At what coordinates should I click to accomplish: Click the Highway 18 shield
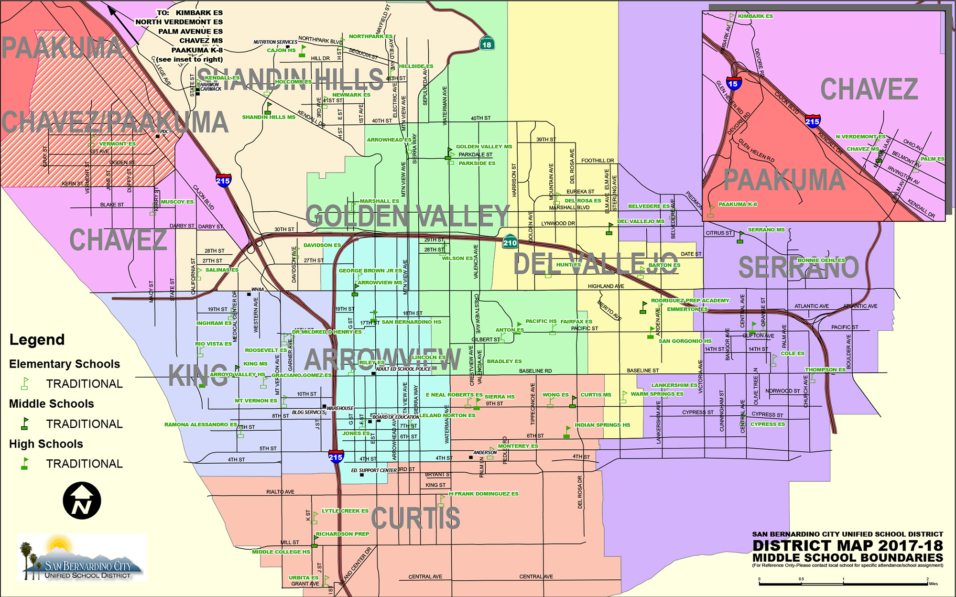tap(487, 43)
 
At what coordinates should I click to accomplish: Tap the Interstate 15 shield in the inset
tap(733, 83)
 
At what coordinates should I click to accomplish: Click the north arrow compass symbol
tap(82, 500)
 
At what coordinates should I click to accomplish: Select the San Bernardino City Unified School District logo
tap(82, 557)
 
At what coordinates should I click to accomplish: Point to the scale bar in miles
tap(844, 583)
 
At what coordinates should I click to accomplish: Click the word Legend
tap(37, 340)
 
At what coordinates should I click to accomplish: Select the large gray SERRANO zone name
tap(798, 267)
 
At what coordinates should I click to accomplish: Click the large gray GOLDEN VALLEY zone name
tap(407, 216)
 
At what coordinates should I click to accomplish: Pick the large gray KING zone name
tap(197, 376)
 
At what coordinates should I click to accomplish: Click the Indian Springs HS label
tap(602, 425)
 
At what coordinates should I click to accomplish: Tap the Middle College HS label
tap(281, 552)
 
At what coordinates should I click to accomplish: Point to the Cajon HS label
tap(281, 50)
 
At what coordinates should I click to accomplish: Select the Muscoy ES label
tap(177, 202)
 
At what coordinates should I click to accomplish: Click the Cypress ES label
tap(767, 424)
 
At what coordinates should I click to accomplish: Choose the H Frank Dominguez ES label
tap(483, 494)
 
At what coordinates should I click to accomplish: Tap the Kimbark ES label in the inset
tap(755, 16)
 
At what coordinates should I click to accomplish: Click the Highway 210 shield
tap(510, 241)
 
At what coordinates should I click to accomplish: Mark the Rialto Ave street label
tap(280, 492)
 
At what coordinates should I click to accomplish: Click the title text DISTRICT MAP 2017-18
tap(847, 545)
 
